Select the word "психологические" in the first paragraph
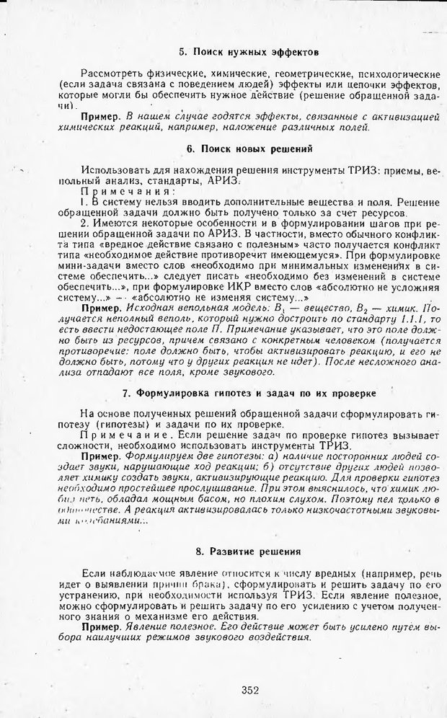click(399, 74)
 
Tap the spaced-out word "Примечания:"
click(127, 192)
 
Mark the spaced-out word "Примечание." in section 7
click(128, 435)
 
